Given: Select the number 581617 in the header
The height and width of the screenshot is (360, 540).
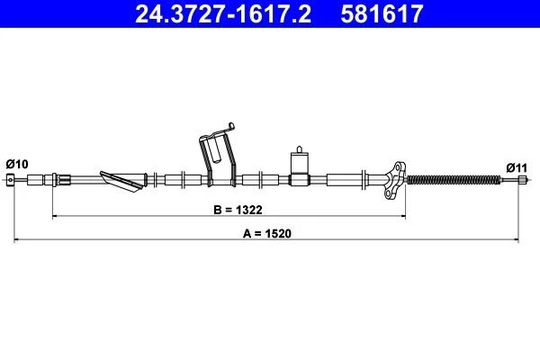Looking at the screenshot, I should (380, 14).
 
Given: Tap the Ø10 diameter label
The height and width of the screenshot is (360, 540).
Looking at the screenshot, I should (17, 163).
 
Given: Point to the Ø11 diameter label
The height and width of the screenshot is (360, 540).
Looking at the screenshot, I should (516, 166).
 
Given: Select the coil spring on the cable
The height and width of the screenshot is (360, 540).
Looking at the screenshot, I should (452, 181).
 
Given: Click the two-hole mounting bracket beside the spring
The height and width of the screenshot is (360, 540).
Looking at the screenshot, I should (392, 177).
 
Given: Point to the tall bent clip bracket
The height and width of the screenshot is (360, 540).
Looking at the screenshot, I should (217, 157).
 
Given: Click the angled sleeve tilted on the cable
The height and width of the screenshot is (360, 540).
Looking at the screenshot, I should (121, 182).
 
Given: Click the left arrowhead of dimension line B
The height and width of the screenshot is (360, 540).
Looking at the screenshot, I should (56, 217).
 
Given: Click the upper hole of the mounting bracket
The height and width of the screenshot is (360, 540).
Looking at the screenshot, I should (393, 168).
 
